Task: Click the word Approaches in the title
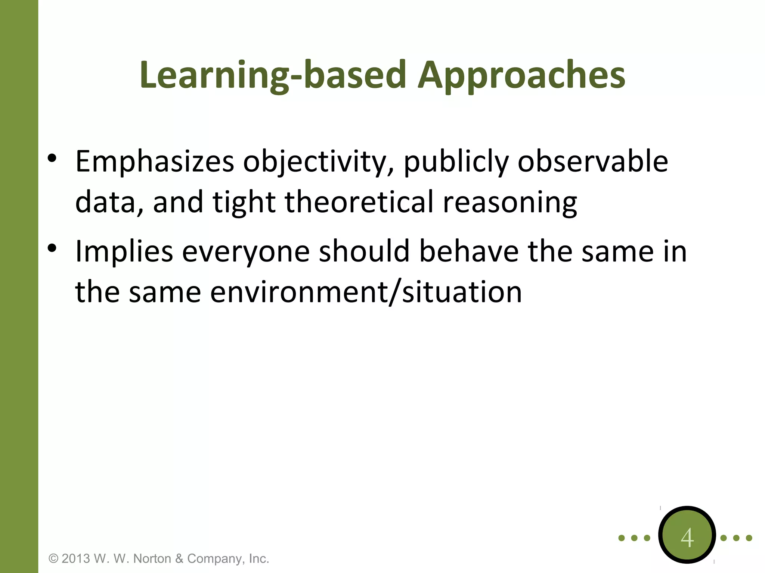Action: coord(521,76)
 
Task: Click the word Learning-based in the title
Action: coord(273,76)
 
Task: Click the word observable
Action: coord(593,161)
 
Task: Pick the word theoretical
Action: coord(359,202)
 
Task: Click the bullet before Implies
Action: coord(52,248)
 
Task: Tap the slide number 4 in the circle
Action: coord(687,538)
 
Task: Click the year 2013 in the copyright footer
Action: coord(76,558)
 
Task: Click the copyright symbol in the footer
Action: coord(54,558)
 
